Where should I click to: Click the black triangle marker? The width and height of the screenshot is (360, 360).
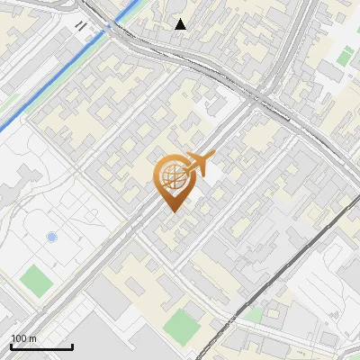click(x=181, y=24)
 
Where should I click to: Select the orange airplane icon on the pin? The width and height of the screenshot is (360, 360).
click(x=202, y=163)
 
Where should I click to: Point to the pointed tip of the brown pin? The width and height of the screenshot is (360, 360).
click(x=172, y=211)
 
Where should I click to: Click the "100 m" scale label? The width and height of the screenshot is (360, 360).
click(x=24, y=338)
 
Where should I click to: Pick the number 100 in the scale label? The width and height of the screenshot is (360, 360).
click(x=19, y=338)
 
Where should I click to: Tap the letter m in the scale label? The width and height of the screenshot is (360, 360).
click(x=33, y=338)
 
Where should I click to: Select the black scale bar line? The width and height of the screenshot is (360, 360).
click(x=41, y=346)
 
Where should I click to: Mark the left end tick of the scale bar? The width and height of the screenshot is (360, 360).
click(x=11, y=345)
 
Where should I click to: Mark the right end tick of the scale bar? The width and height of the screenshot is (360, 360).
click(x=72, y=345)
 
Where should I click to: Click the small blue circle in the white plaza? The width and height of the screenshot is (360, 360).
click(x=51, y=237)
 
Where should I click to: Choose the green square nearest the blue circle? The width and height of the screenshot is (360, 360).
click(x=37, y=280)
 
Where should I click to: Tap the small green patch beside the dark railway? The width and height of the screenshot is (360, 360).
click(x=255, y=314)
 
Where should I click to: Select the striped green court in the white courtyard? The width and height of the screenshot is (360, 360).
click(x=343, y=56)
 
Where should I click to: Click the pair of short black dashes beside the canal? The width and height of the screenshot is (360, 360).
click(x=82, y=26)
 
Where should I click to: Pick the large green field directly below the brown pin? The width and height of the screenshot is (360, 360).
click(x=184, y=325)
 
